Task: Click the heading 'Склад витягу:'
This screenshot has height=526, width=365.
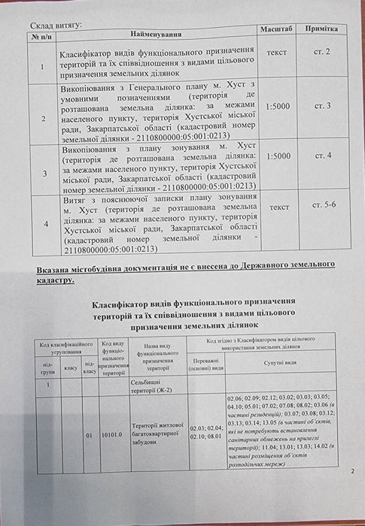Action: coord(56,24)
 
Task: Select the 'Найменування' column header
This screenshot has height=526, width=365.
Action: coord(156,35)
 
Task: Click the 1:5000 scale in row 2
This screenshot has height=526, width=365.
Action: coord(278,106)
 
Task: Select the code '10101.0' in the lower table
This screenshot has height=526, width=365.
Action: coord(113,434)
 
